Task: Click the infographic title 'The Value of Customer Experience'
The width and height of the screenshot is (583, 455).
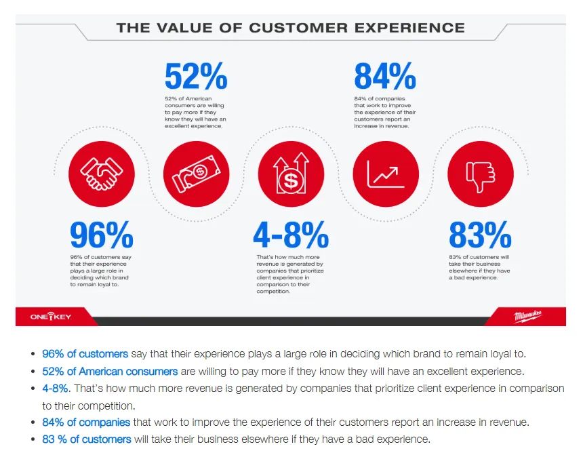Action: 290,28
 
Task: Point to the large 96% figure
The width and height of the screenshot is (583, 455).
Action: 101,235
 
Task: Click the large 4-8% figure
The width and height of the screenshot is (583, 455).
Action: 290,235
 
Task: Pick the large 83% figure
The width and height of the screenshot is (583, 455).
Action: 479,235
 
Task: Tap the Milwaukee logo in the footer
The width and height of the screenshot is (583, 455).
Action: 529,316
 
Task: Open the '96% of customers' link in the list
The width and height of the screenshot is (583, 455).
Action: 85,354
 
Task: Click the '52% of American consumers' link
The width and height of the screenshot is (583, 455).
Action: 110,372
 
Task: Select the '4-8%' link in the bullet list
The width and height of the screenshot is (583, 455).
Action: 56,389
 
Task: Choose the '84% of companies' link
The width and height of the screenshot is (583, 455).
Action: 86,422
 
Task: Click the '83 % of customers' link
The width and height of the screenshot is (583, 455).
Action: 87,439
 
